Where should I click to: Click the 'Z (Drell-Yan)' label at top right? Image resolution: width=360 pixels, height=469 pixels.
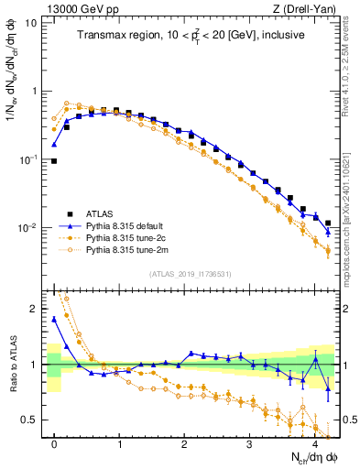[304, 8]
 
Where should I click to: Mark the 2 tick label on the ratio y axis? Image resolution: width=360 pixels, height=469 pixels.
[34, 309]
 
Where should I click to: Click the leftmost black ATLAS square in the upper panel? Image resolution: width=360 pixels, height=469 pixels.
[54, 160]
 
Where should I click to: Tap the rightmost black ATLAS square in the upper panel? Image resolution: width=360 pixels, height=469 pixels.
[328, 223]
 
